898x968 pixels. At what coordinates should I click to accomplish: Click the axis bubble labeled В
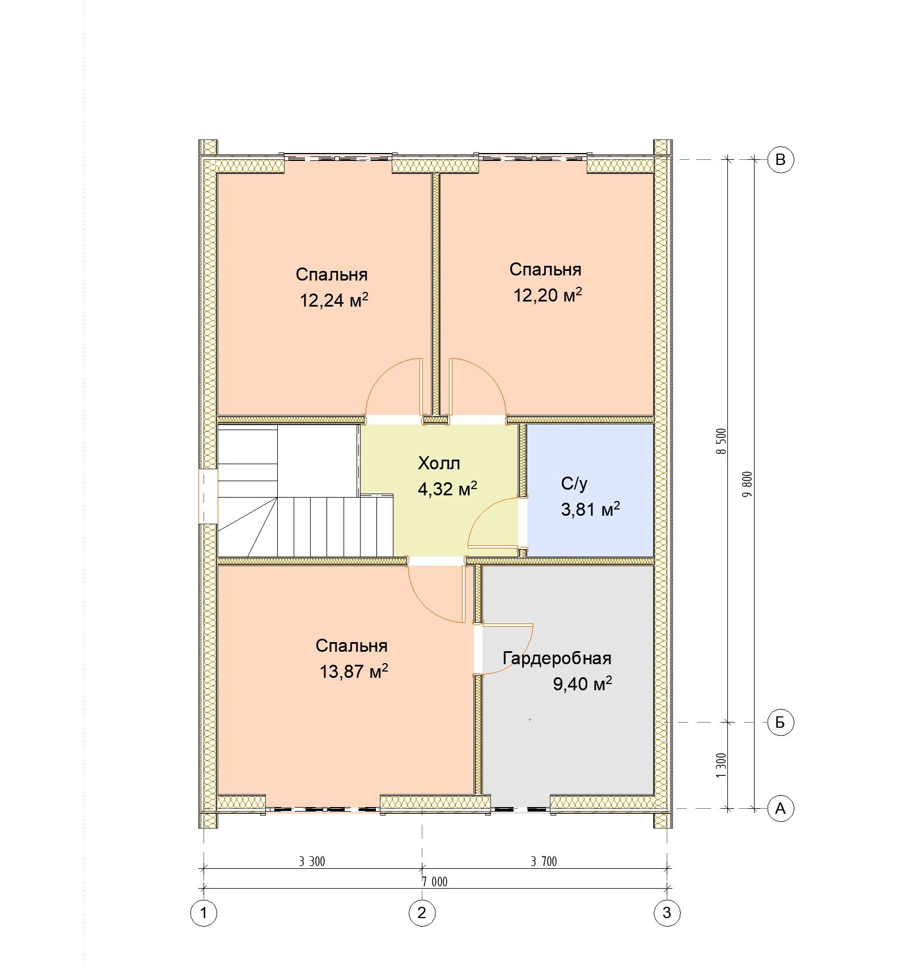[x=780, y=160]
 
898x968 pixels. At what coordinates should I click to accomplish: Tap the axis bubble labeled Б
[x=780, y=723]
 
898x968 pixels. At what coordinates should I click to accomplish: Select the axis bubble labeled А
[x=780, y=809]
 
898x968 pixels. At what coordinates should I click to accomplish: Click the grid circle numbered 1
[x=204, y=913]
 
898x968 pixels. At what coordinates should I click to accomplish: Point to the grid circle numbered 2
[x=422, y=913]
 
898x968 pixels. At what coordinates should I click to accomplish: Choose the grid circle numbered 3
[x=667, y=913]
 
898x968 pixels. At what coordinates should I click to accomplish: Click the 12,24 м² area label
[x=334, y=300]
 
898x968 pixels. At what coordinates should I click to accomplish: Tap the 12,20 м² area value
[x=548, y=295]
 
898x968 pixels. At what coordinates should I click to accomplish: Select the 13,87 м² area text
[x=354, y=672]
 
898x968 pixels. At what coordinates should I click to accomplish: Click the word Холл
[x=439, y=463]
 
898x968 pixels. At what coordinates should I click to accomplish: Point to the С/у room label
[x=574, y=483]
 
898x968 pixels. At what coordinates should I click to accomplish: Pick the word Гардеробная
[x=557, y=659]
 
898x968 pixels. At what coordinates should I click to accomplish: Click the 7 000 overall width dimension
[x=434, y=882]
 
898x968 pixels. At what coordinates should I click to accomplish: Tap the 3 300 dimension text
[x=312, y=862]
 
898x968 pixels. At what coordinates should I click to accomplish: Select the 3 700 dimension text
[x=544, y=862]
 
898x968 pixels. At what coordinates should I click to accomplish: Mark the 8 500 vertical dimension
[x=721, y=441]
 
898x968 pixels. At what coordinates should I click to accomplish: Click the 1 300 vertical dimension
[x=721, y=766]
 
